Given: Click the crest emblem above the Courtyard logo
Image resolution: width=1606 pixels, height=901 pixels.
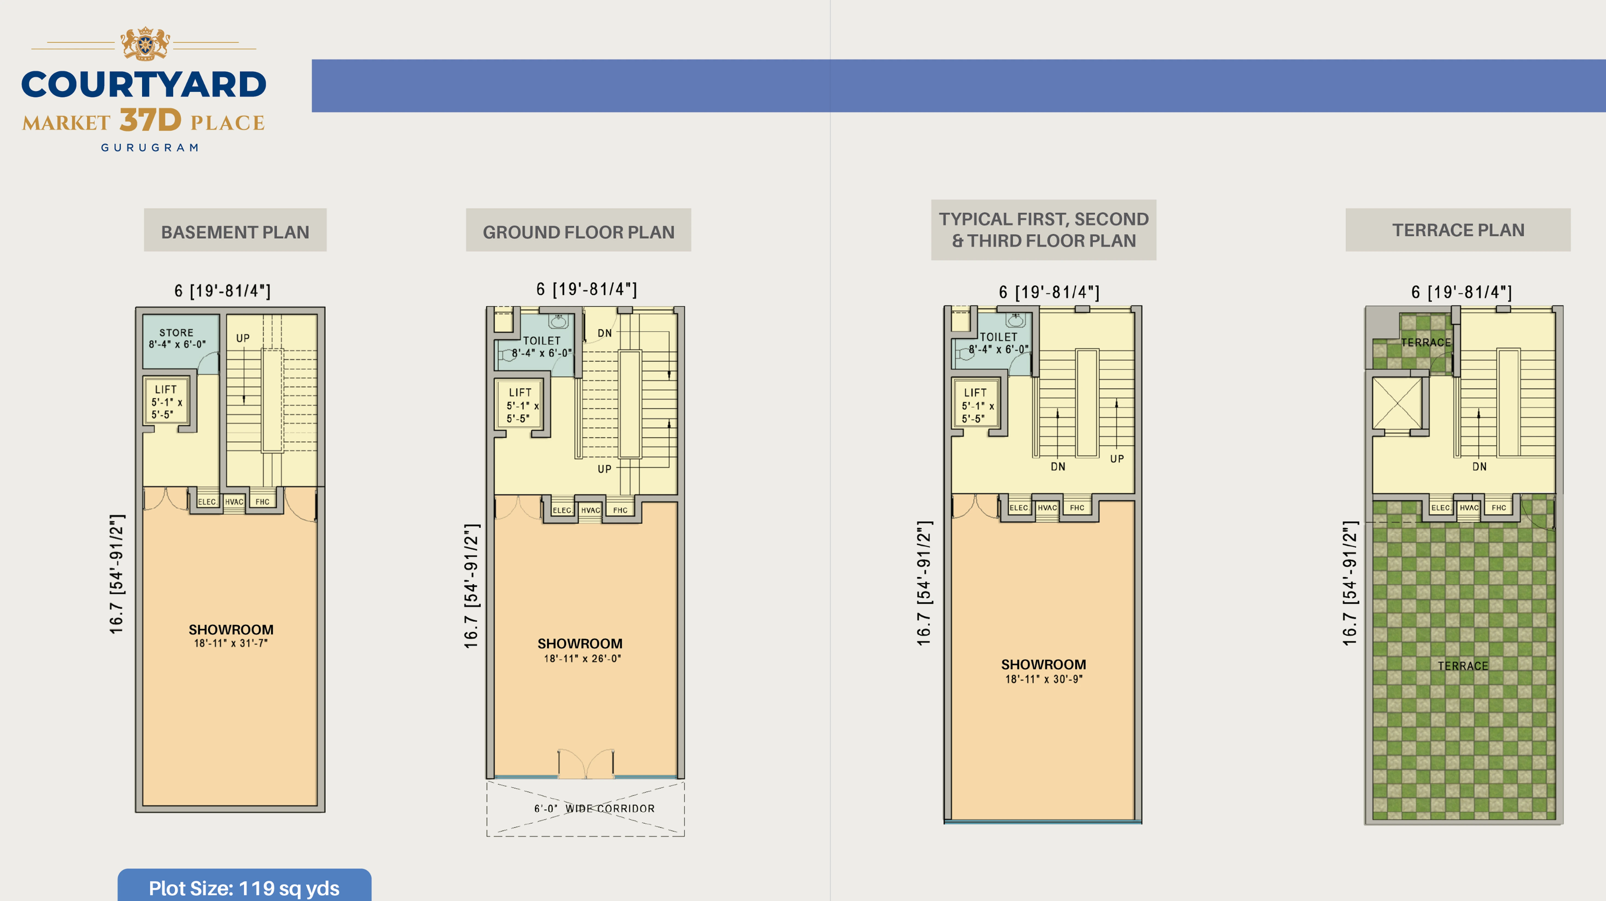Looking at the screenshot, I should click(x=145, y=44).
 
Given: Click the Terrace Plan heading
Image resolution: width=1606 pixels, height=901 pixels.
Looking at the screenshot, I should click(x=1457, y=230).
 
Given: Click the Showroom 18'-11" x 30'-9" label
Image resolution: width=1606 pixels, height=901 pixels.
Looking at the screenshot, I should click(x=1043, y=671).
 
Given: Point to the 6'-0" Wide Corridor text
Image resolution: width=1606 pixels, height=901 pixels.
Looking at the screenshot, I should click(x=594, y=808).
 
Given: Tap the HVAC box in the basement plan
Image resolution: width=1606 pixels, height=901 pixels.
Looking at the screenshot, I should click(x=234, y=502).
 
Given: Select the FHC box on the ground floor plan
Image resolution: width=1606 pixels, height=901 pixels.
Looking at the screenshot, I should click(x=620, y=510).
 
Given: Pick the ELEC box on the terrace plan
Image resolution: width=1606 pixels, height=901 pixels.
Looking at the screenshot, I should click(x=1440, y=508).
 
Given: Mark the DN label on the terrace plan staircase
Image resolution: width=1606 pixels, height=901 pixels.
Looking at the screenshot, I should click(x=1479, y=466).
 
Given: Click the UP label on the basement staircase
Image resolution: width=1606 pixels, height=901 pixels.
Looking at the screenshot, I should click(x=243, y=338).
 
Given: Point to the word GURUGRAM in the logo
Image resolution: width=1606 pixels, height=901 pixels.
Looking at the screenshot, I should click(x=150, y=148).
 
